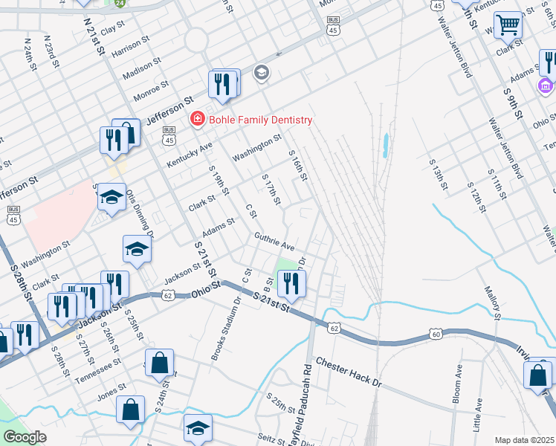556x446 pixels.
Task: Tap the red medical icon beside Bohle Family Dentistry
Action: [x=197, y=119]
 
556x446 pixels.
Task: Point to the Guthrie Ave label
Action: [x=274, y=242]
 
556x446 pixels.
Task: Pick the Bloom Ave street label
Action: [x=457, y=384]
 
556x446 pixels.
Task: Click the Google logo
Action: [x=25, y=436]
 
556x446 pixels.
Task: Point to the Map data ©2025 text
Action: [x=524, y=440]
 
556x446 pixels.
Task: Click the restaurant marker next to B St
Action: [x=290, y=283]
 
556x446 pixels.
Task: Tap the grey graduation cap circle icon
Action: [x=261, y=72]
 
